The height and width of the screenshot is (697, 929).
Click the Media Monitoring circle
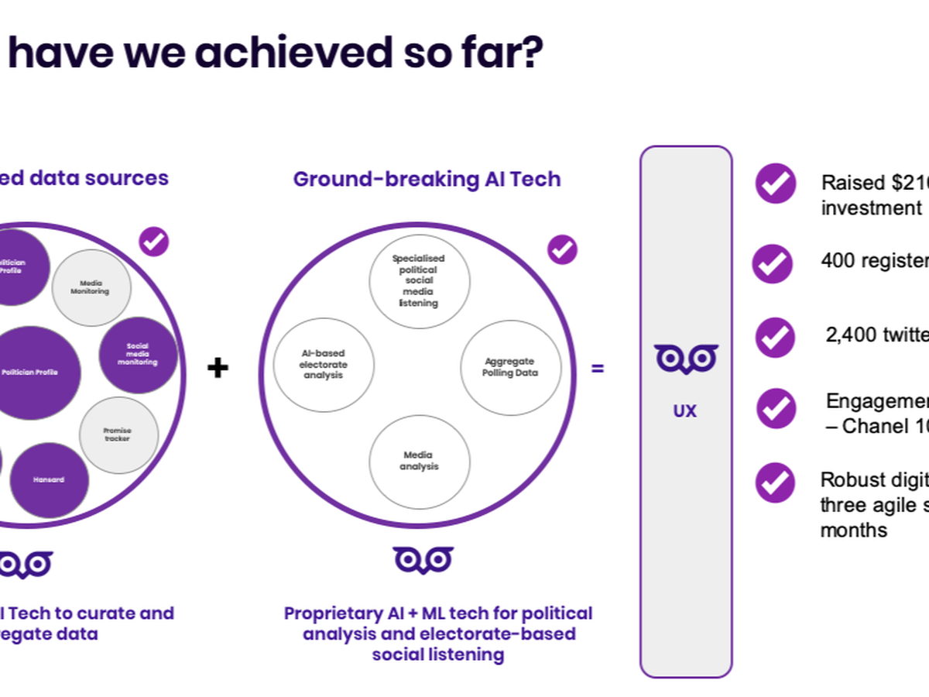click(91, 288)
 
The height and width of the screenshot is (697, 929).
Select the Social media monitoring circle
click(138, 355)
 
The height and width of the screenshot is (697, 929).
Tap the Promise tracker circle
click(118, 434)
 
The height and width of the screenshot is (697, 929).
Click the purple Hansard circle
click(49, 480)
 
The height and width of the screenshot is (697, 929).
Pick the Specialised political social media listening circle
click(418, 280)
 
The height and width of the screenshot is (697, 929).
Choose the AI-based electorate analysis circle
click(324, 364)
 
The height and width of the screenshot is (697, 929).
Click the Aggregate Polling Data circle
click(511, 367)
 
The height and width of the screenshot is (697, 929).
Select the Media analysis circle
click(420, 461)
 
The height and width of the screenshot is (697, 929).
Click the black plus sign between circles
click(218, 368)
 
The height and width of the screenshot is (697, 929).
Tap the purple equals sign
click(598, 369)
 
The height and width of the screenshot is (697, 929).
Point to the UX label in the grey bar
click(685, 411)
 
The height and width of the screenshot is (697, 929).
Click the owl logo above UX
click(686, 359)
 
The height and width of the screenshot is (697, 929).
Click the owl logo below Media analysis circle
click(423, 559)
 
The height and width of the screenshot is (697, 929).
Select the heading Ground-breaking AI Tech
click(427, 180)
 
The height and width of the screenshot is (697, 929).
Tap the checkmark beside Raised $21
click(775, 184)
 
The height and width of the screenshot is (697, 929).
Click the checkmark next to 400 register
click(773, 263)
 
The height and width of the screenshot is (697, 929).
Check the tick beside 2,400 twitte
click(775, 338)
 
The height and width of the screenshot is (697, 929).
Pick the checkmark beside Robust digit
click(775, 482)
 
